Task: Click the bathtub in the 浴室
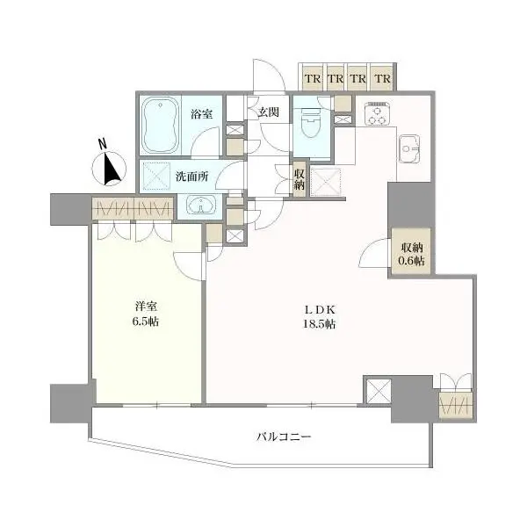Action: click(161, 125)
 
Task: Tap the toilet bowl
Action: click(310, 123)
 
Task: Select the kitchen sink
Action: click(409, 149)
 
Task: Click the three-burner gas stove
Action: click(378, 113)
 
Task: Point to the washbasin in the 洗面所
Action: click(201, 205)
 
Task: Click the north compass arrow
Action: click(112, 169)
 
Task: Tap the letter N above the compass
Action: click(103, 144)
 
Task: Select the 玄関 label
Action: click(268, 112)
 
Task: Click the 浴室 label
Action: click(202, 114)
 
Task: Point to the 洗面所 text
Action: click(191, 177)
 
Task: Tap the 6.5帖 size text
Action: click(146, 321)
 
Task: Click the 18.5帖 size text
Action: click(320, 324)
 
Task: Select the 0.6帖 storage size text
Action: click(411, 261)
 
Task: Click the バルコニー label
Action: click(285, 437)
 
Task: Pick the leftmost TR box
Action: click(313, 78)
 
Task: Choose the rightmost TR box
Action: click(382, 78)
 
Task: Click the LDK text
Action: click(320, 309)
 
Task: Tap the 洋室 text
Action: click(146, 307)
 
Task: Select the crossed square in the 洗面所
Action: click(156, 177)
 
